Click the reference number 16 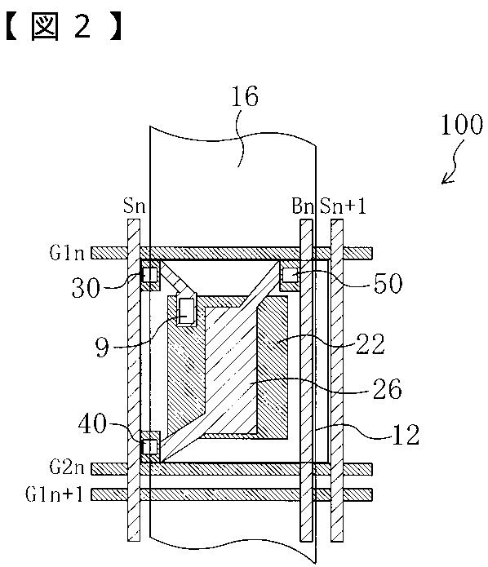[x=245, y=96]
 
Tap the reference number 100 [x=462, y=125]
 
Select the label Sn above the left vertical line [x=134, y=206]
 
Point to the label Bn [x=303, y=206]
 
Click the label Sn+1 [x=343, y=206]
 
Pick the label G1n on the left [x=67, y=253]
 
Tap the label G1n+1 [x=54, y=494]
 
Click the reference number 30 [x=86, y=288]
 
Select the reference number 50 [x=388, y=283]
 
